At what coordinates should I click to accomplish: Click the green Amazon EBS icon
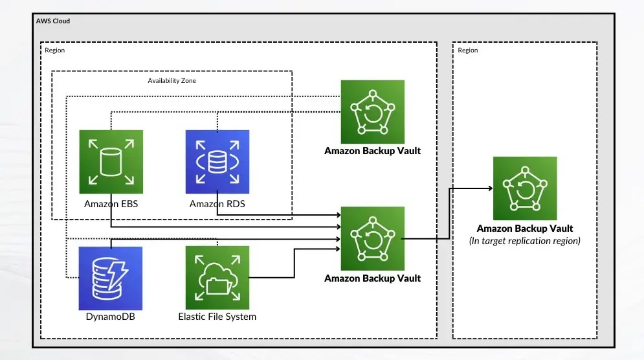click(x=111, y=162)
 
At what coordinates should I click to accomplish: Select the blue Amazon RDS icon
click(x=217, y=162)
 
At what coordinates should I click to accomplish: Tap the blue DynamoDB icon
click(x=111, y=278)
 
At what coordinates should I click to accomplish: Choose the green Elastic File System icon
click(x=217, y=278)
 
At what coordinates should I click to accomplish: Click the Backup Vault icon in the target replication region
click(x=525, y=188)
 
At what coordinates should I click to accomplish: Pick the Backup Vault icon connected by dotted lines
click(x=372, y=111)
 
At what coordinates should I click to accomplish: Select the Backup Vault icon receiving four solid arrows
click(x=372, y=238)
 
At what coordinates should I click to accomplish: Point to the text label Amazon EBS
click(x=111, y=204)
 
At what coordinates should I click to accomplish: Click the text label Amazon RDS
click(x=217, y=204)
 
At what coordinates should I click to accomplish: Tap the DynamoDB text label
click(x=111, y=317)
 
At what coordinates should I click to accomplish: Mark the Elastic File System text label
click(x=217, y=317)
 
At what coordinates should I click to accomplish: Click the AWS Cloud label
click(x=53, y=21)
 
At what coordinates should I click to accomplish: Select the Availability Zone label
click(x=172, y=81)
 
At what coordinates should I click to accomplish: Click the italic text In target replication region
click(x=525, y=241)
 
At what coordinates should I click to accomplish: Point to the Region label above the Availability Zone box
click(x=55, y=50)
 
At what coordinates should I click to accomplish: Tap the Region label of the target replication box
click(x=468, y=50)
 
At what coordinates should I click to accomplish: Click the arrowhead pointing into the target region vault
click(x=488, y=188)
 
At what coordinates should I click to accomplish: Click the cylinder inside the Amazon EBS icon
click(x=111, y=161)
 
